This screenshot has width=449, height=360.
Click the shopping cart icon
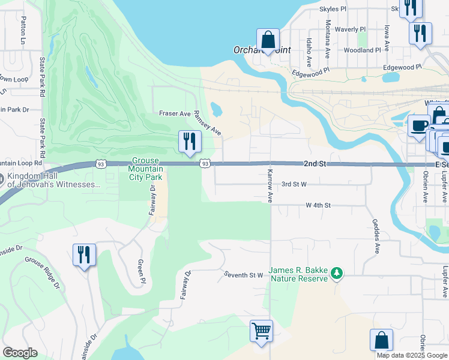point(261,331)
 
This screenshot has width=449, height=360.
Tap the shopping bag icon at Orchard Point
point(268,40)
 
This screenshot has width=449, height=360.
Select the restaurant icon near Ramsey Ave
point(190,142)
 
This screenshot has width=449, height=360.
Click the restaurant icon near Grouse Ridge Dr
point(84,254)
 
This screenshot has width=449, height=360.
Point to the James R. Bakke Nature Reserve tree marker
point(337,274)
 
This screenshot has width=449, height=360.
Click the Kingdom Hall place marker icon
point(3,179)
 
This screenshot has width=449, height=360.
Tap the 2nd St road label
point(314,163)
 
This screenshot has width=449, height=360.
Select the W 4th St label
point(318,205)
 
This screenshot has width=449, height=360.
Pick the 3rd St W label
point(294,184)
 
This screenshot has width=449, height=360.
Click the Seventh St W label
point(244,275)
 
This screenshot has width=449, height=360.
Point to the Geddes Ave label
point(378,239)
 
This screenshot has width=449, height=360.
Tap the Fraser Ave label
point(174,113)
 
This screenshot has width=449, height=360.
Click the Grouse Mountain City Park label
point(145,169)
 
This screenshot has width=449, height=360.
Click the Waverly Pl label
point(350,29)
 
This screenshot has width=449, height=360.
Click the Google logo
point(20,353)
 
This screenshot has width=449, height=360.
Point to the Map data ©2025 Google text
point(411,355)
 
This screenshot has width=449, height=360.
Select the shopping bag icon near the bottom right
point(381,340)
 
